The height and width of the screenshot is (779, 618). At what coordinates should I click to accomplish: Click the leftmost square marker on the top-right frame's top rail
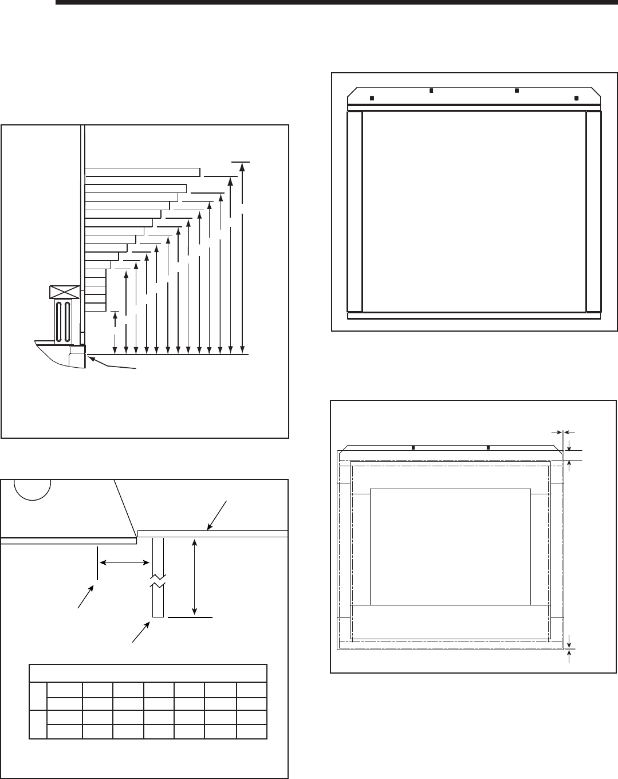point(372,98)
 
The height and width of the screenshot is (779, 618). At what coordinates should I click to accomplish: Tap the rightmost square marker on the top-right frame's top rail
point(577,98)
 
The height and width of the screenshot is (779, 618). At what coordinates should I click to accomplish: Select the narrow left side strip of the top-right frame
point(355,211)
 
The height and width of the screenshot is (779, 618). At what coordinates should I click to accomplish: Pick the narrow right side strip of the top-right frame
point(593,211)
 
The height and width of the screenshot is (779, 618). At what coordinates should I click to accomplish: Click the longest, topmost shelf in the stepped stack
point(142,172)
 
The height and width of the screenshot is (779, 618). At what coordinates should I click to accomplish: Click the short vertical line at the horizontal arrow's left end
point(97,564)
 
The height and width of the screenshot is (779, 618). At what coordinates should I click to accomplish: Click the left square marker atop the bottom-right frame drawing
point(414,448)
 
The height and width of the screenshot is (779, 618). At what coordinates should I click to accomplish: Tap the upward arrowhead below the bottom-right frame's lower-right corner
point(569,652)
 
